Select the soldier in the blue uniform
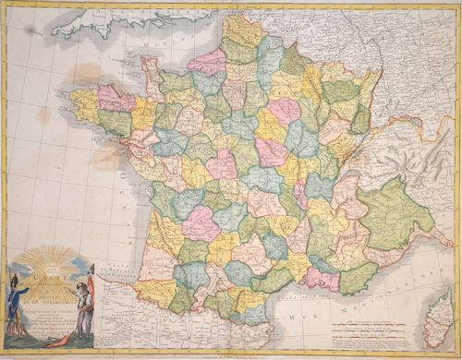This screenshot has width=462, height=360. pyautogui.click(x=18, y=295)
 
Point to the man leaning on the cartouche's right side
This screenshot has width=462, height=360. pyautogui.click(x=86, y=300)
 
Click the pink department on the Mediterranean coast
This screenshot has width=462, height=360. pyautogui.click(x=319, y=277)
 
